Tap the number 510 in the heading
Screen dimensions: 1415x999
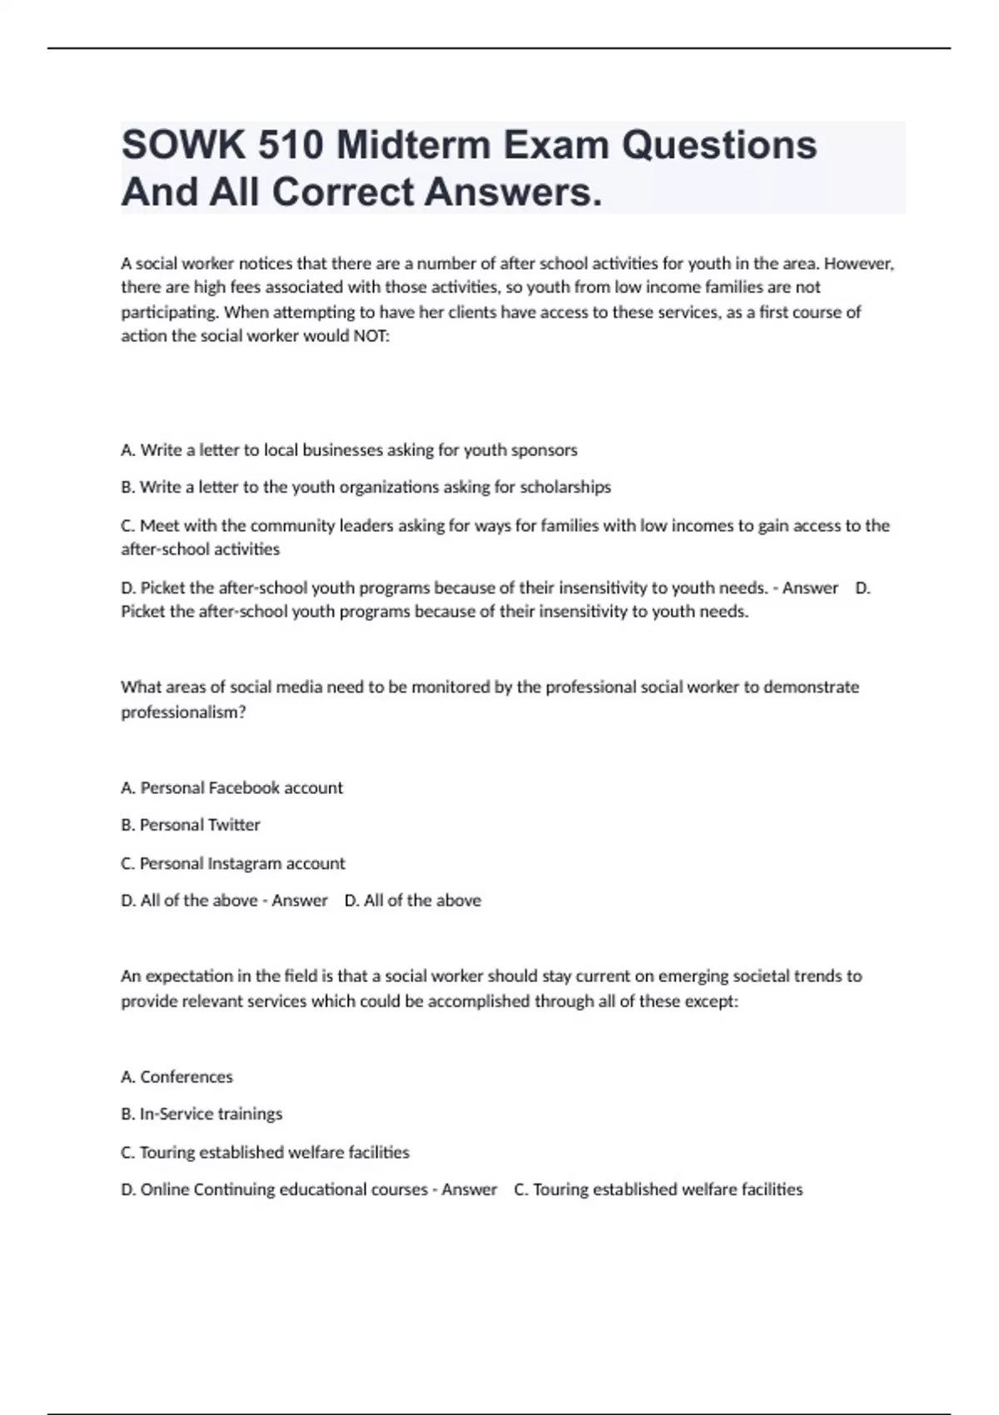click(x=291, y=146)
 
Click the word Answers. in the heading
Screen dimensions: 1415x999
click(x=513, y=193)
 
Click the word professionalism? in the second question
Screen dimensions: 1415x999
click(x=183, y=712)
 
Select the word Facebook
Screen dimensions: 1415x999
click(x=244, y=788)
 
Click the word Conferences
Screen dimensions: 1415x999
click(x=186, y=1077)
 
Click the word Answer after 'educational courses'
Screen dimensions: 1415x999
click(x=469, y=1190)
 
